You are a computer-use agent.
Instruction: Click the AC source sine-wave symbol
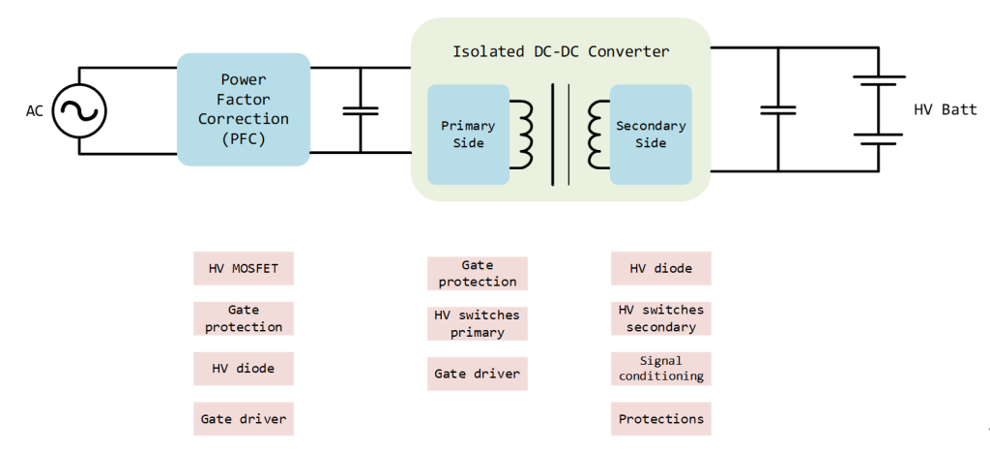click(x=79, y=110)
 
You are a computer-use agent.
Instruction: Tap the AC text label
click(x=34, y=111)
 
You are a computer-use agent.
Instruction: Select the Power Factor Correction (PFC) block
click(x=244, y=109)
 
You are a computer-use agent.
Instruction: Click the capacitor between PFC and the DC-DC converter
click(x=361, y=110)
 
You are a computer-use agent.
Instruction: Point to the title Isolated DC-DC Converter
click(x=561, y=51)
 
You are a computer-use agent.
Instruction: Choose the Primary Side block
click(x=469, y=135)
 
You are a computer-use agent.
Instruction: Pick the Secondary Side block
click(x=651, y=135)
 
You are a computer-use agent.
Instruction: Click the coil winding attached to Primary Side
click(x=522, y=135)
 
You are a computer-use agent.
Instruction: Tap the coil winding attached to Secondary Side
click(x=597, y=135)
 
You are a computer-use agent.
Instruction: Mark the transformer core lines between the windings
click(x=561, y=135)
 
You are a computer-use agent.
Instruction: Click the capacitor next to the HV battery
click(x=778, y=110)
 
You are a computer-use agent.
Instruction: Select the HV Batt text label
click(x=946, y=109)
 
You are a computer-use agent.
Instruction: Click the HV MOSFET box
click(x=244, y=269)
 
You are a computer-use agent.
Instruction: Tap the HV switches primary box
click(x=478, y=323)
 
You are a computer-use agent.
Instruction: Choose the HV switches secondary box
click(x=661, y=318)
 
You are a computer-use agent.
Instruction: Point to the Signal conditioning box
click(x=661, y=369)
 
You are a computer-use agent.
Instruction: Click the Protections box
click(x=661, y=419)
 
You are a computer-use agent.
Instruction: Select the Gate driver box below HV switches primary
click(x=478, y=374)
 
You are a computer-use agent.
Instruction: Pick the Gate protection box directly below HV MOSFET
click(x=244, y=318)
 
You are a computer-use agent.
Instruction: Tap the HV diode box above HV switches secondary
click(x=661, y=269)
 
